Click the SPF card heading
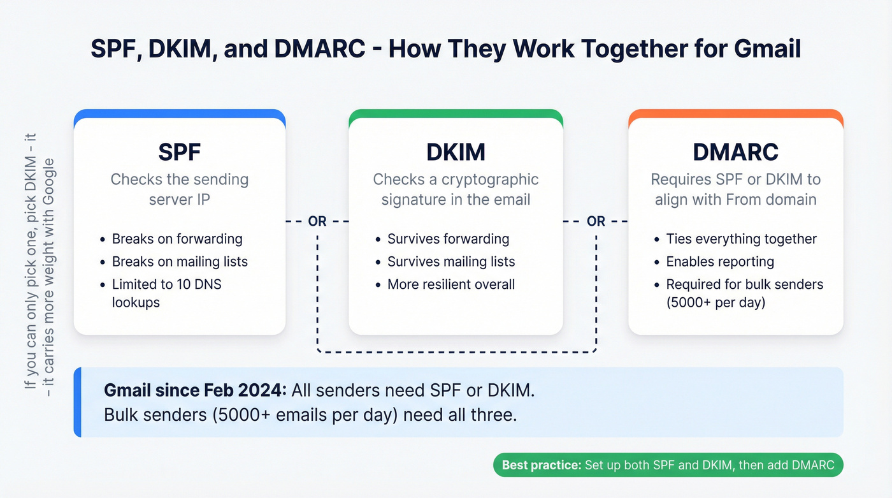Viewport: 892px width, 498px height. [x=179, y=152]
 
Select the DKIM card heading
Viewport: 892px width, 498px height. [x=456, y=152]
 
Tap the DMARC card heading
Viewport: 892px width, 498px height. [x=736, y=152]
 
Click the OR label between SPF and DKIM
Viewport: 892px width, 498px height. [x=317, y=221]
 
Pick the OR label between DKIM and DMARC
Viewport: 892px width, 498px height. [x=596, y=221]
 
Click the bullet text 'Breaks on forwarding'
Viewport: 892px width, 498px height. [x=177, y=239]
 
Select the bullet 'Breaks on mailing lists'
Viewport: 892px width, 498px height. [x=180, y=261]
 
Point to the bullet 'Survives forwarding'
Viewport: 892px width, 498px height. [x=448, y=239]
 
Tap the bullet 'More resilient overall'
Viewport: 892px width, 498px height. [x=451, y=284]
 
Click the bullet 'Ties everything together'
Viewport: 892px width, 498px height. [x=741, y=239]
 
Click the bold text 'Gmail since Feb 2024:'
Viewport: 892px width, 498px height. [x=195, y=391]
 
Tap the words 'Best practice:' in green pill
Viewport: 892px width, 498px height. [x=542, y=465]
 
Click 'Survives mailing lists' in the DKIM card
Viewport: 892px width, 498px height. [x=451, y=261]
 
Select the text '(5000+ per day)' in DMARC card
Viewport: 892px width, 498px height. [x=716, y=302]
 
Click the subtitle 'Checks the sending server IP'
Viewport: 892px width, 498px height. [x=179, y=189]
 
